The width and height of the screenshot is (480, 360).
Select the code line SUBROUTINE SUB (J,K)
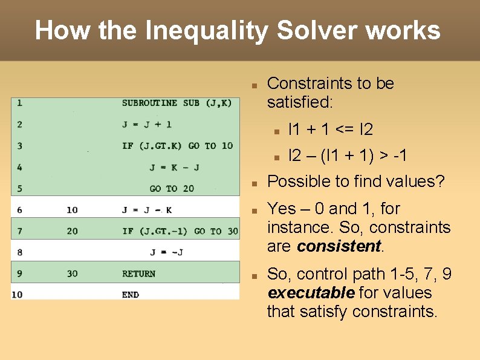[177, 103]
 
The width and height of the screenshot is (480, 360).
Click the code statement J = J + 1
[147, 125]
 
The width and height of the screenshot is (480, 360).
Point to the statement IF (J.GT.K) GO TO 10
[177, 146]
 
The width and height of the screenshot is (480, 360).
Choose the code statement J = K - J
[174, 167]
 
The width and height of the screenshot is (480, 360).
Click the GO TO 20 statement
[172, 188]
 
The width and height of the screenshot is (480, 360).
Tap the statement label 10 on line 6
[72, 210]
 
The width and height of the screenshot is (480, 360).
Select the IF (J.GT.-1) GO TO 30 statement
[180, 231]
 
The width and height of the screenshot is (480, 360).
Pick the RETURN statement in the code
[138, 273]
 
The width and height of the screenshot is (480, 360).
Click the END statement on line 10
[130, 295]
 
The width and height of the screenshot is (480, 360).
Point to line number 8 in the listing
[20, 252]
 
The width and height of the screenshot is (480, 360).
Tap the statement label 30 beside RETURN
[72, 273]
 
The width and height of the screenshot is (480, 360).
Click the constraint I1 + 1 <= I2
[331, 129]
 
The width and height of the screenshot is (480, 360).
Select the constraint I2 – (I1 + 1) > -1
[348, 155]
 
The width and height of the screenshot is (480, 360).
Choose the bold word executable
[311, 293]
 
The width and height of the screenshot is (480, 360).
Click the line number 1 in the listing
[20, 103]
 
